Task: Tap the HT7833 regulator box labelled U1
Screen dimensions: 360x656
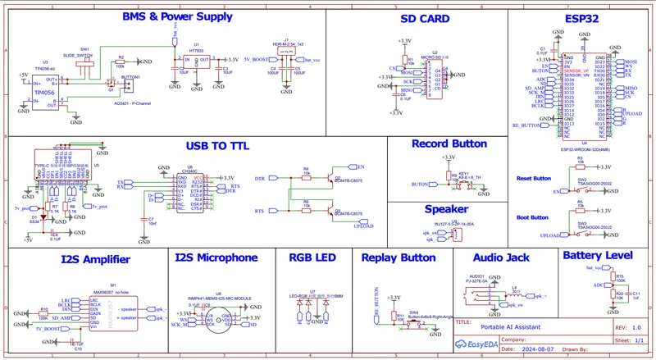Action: click(196, 63)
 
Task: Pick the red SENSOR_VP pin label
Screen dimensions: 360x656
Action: click(577, 71)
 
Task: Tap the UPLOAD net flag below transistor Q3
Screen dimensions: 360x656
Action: click(362, 226)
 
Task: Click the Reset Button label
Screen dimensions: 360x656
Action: click(534, 178)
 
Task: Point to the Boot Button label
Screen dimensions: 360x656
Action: click(533, 217)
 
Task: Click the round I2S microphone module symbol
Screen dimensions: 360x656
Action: click(216, 319)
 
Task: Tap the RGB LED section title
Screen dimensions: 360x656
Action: click(312, 258)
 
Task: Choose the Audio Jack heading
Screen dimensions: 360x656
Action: click(501, 257)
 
